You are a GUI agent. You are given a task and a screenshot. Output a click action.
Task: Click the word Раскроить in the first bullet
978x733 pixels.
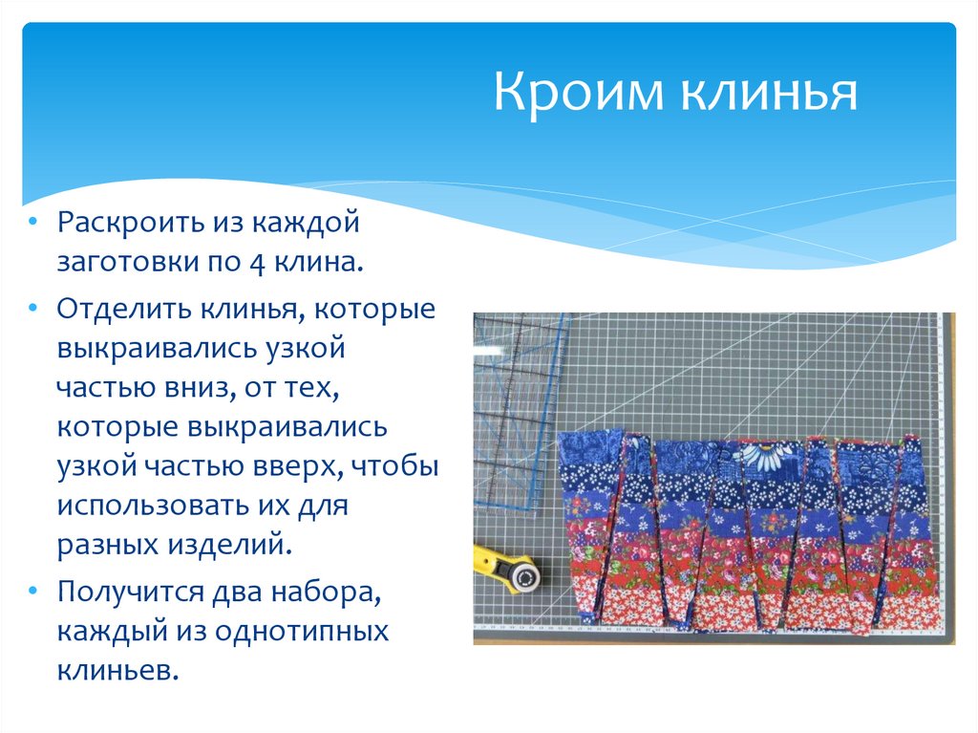123,226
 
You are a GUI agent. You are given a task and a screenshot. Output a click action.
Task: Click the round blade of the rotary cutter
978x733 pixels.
522,576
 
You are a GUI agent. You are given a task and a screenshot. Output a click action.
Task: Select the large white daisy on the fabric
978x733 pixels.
768,458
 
